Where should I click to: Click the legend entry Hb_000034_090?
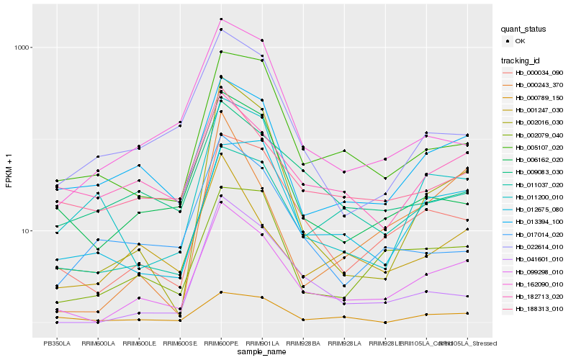point(539,73)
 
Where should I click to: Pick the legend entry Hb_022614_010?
point(539,246)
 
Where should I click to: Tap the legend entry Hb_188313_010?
point(539,308)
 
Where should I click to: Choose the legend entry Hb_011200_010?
point(539,197)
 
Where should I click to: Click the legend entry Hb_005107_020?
point(539,147)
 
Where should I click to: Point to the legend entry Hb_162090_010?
point(539,284)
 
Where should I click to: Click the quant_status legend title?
point(524,29)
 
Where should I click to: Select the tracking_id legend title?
point(521,60)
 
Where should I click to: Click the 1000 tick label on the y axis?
point(22,48)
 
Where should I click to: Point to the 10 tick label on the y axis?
point(25,231)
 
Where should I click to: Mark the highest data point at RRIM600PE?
point(221,19)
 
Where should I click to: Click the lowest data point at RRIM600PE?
point(221,292)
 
